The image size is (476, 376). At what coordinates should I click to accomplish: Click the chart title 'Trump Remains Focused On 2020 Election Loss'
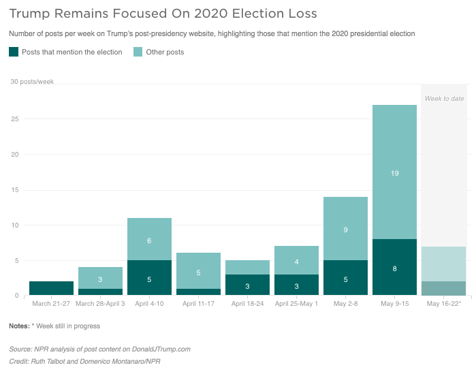coord(163,14)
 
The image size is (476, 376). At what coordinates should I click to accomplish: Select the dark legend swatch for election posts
coord(14,52)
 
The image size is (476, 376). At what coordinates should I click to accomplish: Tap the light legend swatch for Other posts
coord(138,52)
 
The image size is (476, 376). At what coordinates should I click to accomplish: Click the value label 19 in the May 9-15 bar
coord(395,173)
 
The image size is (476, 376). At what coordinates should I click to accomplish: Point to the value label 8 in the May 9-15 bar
coord(395,268)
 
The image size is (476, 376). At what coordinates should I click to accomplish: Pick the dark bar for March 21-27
coord(51,288)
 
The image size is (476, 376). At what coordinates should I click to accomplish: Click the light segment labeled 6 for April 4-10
coord(149,239)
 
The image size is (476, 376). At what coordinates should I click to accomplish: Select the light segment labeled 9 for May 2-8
coord(345,228)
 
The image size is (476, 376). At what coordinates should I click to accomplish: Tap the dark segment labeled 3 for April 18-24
coord(247,285)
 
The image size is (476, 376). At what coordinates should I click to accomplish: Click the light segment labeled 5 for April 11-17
coord(199,270)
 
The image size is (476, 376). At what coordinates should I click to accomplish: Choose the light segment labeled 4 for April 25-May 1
coord(297,260)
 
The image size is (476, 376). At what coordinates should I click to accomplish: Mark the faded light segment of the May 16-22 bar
coord(443,264)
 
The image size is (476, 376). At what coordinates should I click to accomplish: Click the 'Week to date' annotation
coord(444,98)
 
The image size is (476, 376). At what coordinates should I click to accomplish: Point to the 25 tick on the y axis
coord(15,119)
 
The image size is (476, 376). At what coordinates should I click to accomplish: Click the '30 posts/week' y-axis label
coord(32,81)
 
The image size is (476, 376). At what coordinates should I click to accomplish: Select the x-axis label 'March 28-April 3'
coord(100,303)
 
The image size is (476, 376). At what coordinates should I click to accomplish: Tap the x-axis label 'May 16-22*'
coord(444,303)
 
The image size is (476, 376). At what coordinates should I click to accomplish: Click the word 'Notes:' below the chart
coord(20,326)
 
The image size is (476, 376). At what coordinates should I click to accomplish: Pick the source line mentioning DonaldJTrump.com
coord(99,349)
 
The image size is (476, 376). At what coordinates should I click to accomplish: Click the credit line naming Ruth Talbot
coord(84,362)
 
